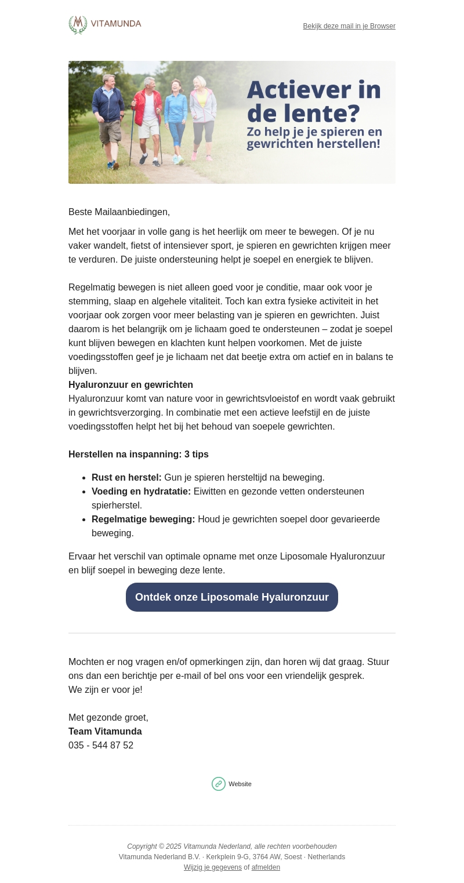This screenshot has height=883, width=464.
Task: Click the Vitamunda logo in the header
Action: click(x=105, y=25)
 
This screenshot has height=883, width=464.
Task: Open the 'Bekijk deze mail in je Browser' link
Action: click(x=349, y=26)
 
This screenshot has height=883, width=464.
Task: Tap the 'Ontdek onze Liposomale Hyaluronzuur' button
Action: click(x=232, y=597)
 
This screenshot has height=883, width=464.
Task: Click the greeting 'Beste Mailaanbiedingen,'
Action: click(x=119, y=212)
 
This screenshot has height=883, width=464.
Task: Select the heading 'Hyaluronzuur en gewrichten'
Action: click(x=130, y=385)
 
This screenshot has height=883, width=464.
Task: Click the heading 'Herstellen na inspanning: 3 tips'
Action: click(x=139, y=455)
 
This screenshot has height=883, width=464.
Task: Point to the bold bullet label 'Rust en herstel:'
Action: click(x=126, y=478)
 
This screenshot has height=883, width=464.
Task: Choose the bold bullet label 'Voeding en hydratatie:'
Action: click(x=141, y=492)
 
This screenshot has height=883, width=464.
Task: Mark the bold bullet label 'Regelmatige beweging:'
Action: click(x=143, y=519)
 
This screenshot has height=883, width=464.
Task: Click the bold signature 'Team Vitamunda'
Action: click(x=105, y=732)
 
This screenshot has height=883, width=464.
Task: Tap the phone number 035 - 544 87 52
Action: click(x=101, y=746)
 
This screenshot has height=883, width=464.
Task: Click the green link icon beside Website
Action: click(x=219, y=784)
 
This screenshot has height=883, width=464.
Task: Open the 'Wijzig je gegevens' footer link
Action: click(x=213, y=867)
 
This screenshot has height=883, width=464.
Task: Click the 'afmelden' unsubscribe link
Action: click(x=266, y=867)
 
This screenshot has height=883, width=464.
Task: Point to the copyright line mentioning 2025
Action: click(x=232, y=846)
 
